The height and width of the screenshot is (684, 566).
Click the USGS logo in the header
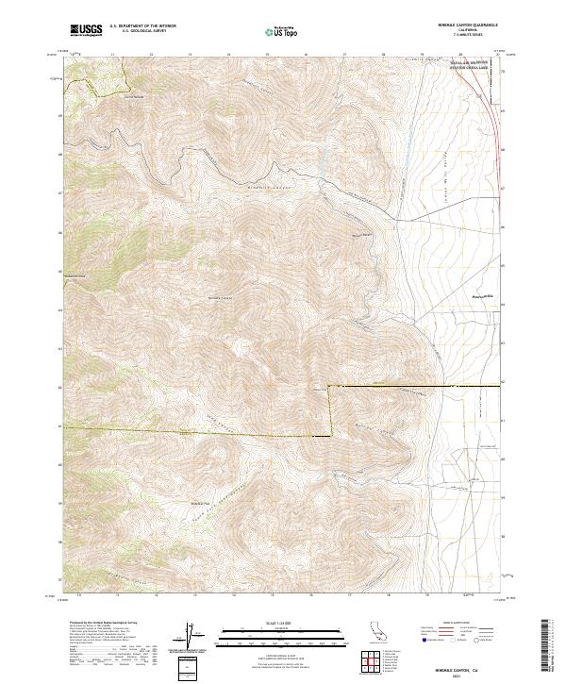[x=86, y=30]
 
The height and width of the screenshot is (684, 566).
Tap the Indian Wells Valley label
[x=424, y=170]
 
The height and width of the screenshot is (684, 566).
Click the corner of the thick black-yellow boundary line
[x=331, y=388]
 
